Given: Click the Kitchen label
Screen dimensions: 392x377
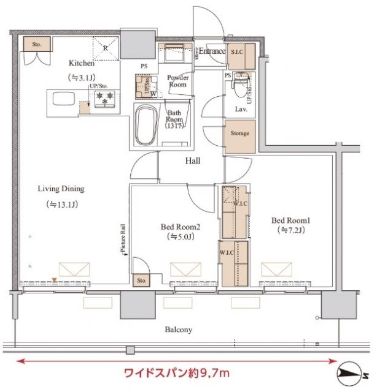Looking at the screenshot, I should (x=81, y=63).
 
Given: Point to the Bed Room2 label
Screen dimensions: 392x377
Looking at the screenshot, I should (x=181, y=226).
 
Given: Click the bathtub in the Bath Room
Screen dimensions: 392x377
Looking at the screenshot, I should (x=146, y=125).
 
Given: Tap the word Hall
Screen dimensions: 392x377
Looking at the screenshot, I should (x=195, y=161).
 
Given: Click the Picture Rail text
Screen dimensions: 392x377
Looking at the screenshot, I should (x=123, y=241).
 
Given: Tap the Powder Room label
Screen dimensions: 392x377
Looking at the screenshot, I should (x=177, y=81).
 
